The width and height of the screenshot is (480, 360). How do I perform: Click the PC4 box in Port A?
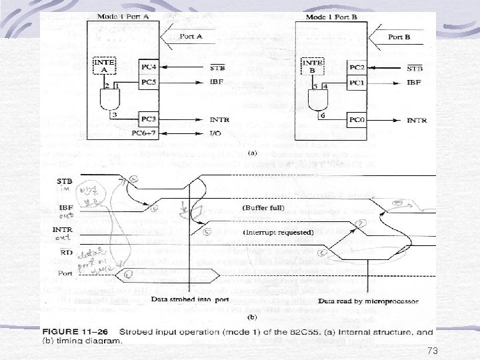click(149, 67)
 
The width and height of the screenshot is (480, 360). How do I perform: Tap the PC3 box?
click(149, 119)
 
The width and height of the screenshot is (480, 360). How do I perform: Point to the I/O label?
click(217, 134)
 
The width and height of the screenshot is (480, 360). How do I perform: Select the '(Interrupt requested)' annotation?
click(279, 232)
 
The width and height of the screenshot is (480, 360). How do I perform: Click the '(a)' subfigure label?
click(252, 153)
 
